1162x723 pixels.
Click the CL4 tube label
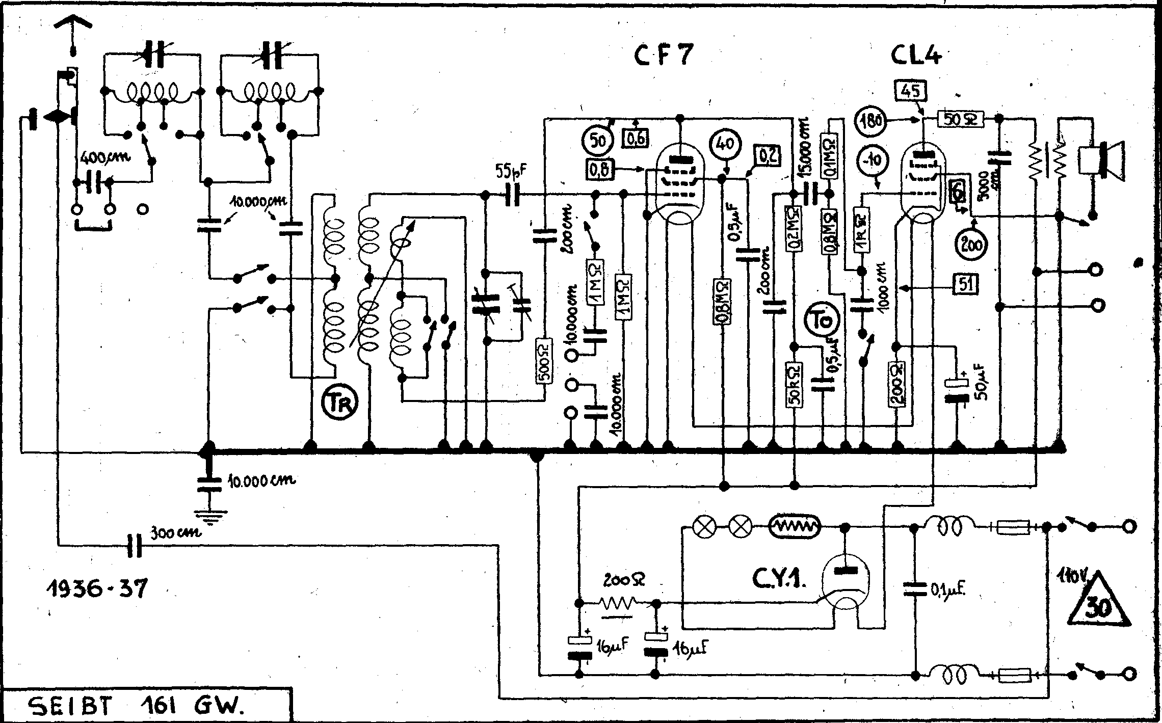coord(916,56)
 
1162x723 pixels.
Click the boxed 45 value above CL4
coord(910,92)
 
